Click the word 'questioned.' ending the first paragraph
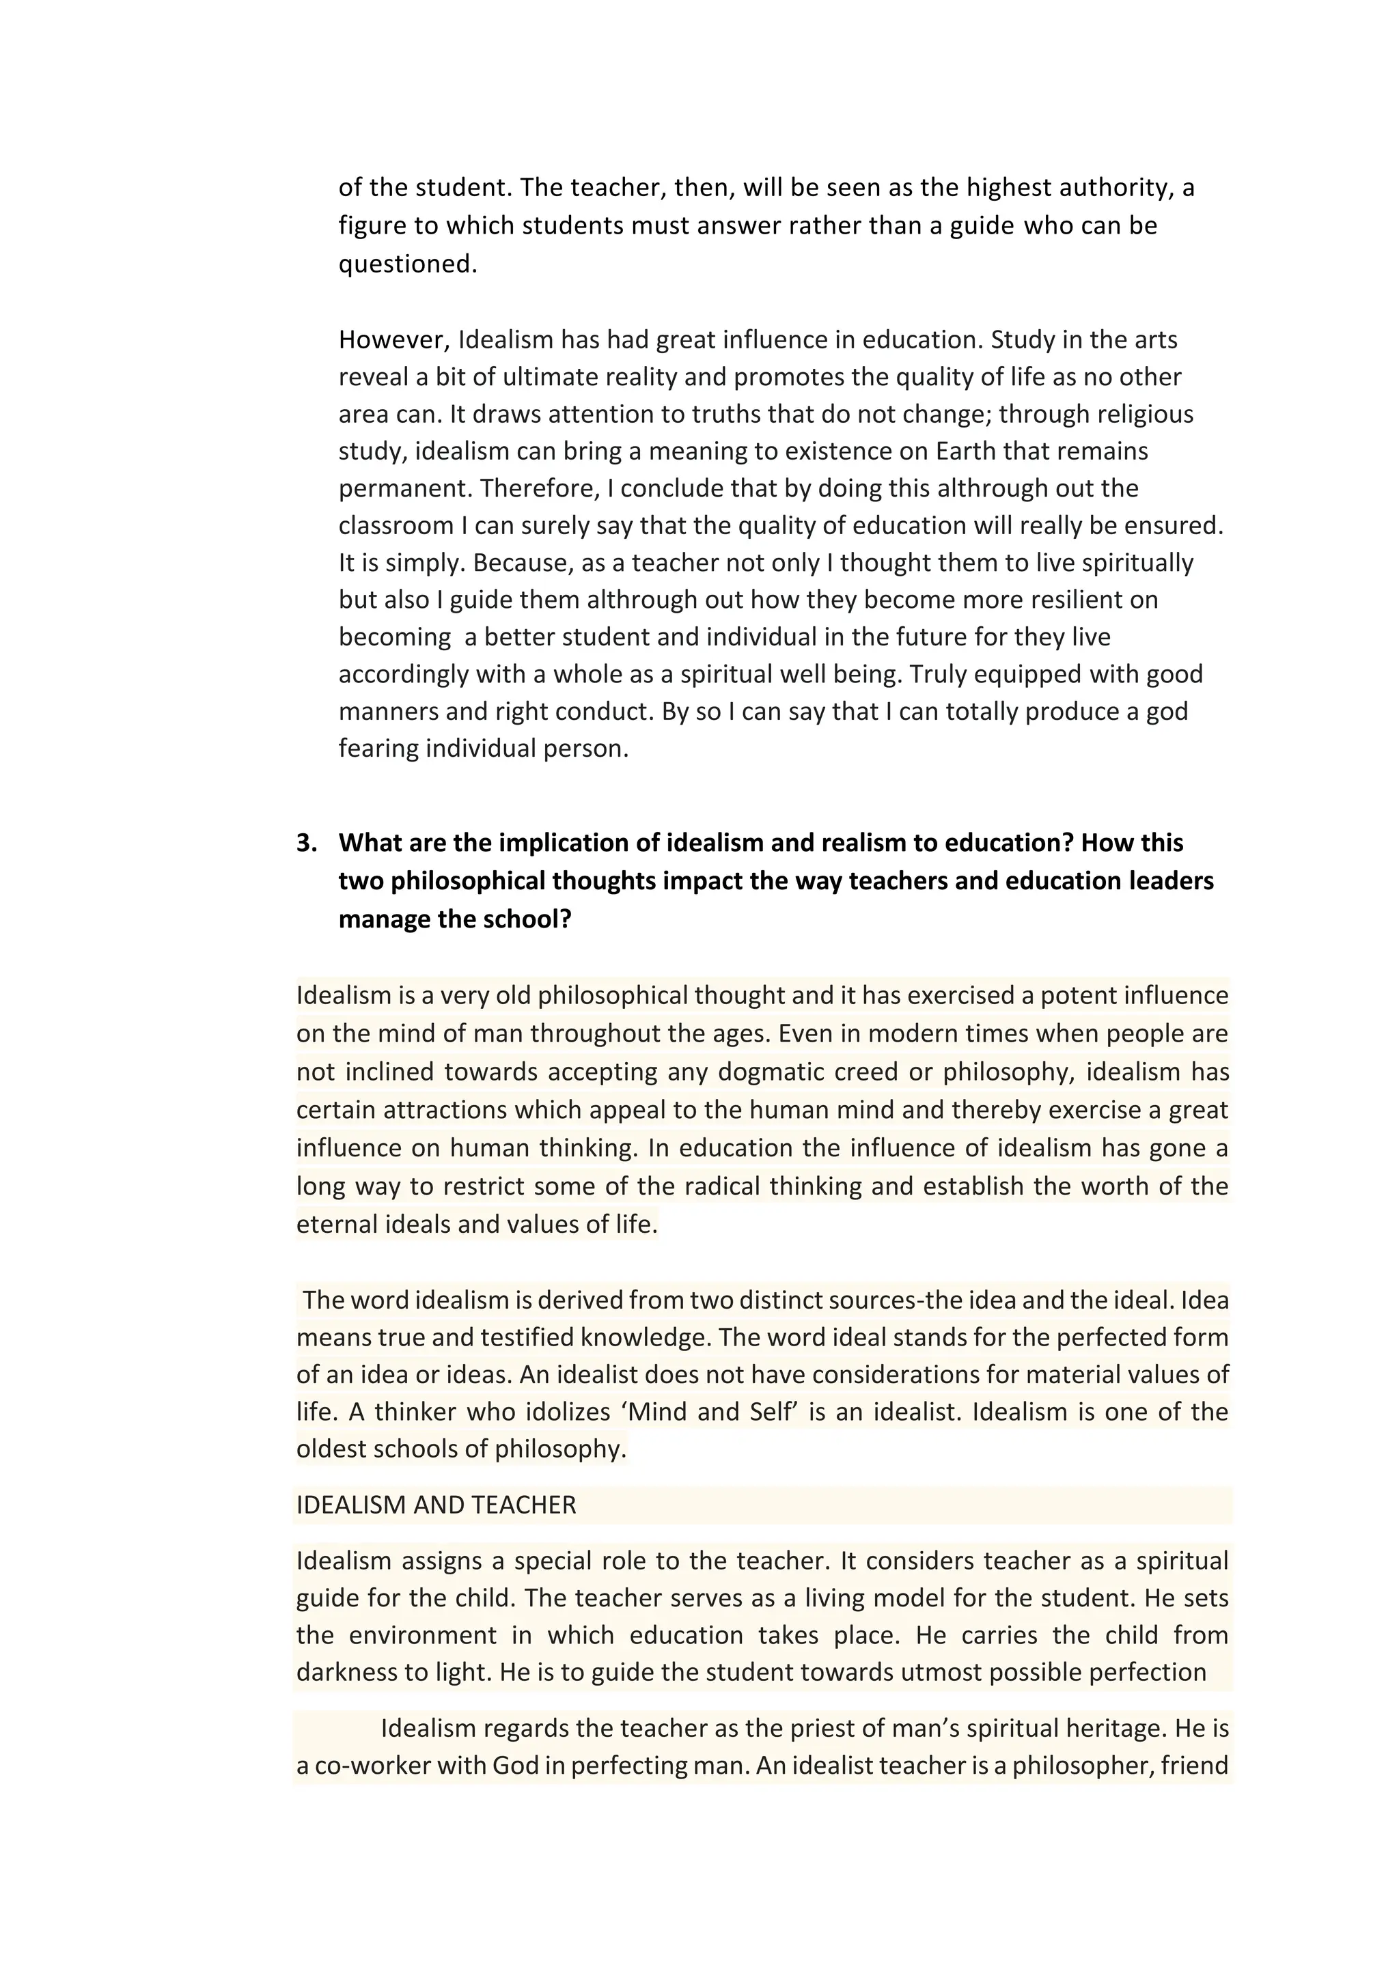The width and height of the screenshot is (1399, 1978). coord(407,264)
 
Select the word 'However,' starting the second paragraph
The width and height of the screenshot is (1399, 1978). coord(393,340)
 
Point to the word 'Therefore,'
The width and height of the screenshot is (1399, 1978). coord(539,488)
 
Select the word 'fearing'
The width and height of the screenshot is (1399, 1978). coord(378,748)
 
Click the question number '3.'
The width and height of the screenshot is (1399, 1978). coord(307,843)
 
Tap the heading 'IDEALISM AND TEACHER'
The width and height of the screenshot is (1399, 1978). coord(436,1505)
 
